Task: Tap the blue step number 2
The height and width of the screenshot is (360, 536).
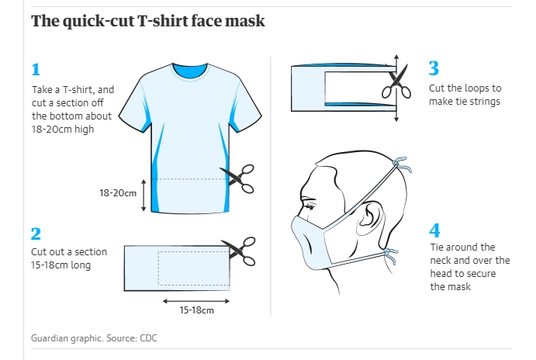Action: point(36,234)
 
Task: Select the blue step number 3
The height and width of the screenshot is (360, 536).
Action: point(434,67)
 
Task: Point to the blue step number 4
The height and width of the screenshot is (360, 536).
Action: point(434,230)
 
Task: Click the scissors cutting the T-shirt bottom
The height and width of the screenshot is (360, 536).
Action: point(237,178)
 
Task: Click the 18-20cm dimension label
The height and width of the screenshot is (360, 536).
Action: point(117,192)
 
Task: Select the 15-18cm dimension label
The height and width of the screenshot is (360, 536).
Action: point(196,310)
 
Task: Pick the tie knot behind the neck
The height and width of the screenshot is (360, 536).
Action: point(390,254)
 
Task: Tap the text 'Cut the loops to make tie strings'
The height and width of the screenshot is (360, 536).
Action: point(465,95)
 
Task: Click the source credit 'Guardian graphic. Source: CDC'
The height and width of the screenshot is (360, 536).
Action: point(94,338)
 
